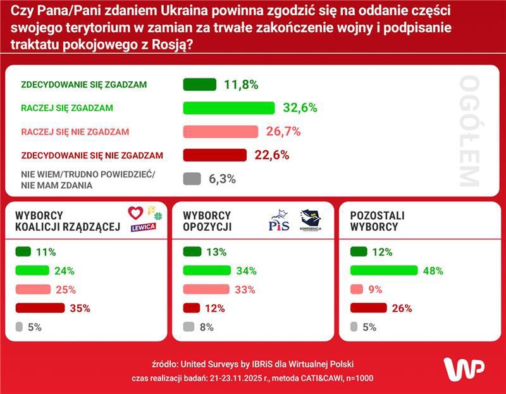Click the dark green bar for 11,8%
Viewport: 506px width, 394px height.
click(199, 85)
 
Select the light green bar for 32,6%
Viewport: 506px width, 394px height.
click(228, 108)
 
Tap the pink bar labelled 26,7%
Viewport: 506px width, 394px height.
click(220, 132)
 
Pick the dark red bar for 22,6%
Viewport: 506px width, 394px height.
click(214, 155)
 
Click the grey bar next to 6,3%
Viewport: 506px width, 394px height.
click(192, 179)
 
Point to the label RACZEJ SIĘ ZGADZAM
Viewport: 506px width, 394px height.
click(67, 108)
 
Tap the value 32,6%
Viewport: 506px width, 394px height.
click(300, 108)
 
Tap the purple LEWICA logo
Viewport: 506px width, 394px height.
click(143, 227)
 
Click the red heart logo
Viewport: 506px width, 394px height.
click(135, 213)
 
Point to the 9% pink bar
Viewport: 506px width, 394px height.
click(355, 289)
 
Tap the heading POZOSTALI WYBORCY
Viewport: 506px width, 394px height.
click(377, 221)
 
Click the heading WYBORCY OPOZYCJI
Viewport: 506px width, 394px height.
click(207, 221)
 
